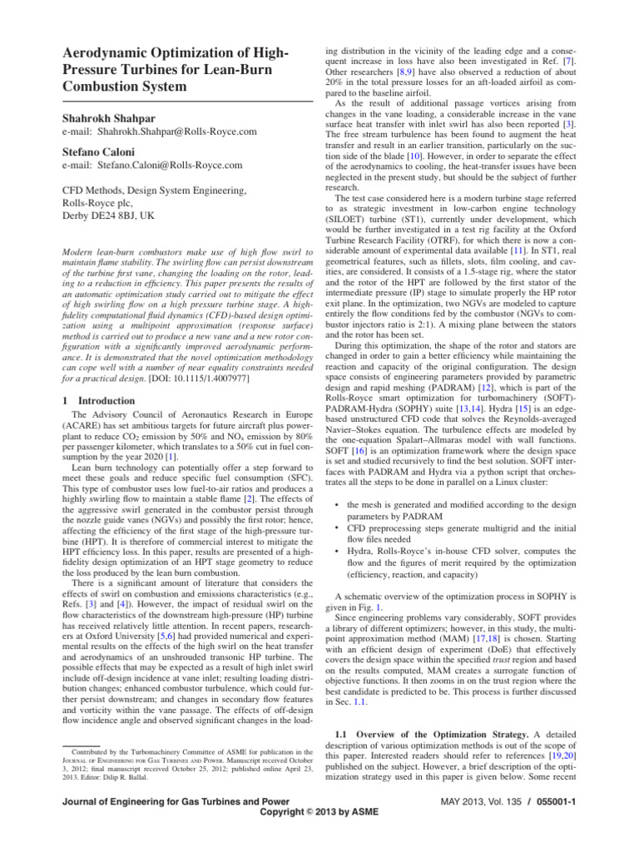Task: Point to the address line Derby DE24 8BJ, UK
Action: point(111,216)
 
